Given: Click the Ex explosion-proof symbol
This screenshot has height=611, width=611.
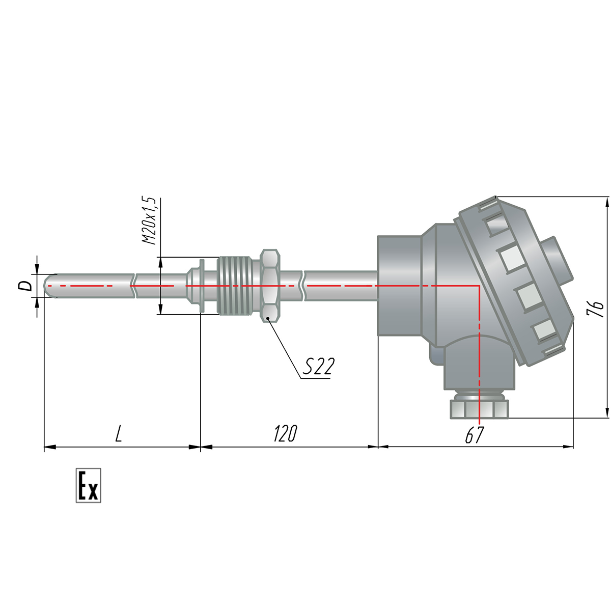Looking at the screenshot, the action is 88,485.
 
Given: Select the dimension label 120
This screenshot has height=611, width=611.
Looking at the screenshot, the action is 285,434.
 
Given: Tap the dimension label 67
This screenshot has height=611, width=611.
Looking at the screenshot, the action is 475,435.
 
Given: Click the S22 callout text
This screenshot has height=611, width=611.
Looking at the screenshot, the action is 318,367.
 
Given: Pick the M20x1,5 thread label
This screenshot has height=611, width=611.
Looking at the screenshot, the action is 149,220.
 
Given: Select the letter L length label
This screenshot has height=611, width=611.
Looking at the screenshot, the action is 119,434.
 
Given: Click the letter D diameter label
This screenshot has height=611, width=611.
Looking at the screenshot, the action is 25,286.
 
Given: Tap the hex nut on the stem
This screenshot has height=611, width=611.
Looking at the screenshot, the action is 270,286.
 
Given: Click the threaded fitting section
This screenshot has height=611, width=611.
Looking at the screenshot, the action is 235,286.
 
